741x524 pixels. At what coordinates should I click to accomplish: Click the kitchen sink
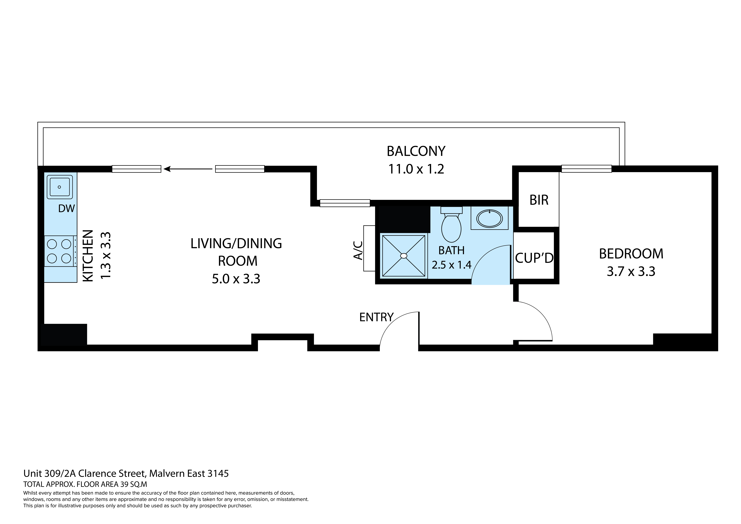pyautogui.click(x=60, y=187)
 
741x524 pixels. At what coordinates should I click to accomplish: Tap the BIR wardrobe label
pyautogui.click(x=539, y=200)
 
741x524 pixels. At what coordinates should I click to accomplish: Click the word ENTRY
pyautogui.click(x=376, y=317)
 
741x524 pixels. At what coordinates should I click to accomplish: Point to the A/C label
pyautogui.click(x=358, y=250)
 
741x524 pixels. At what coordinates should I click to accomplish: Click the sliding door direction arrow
pyautogui.click(x=188, y=169)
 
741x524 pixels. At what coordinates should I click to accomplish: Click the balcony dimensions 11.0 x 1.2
pyautogui.click(x=416, y=169)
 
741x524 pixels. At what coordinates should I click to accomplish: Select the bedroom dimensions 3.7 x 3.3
pyautogui.click(x=631, y=271)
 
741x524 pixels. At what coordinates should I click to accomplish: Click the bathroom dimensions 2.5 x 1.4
pyautogui.click(x=452, y=265)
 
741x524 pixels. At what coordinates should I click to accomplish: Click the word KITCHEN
pyautogui.click(x=88, y=256)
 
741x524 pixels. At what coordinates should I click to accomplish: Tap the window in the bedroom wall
pyautogui.click(x=586, y=169)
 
